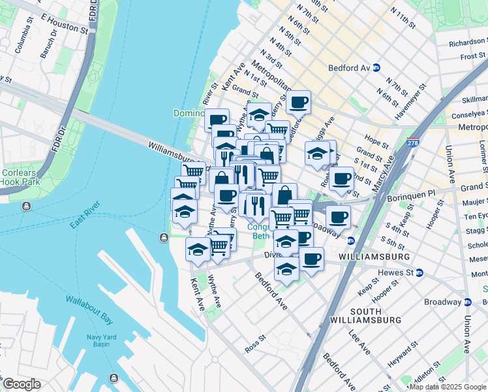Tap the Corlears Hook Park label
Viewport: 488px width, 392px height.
(x=20, y=176)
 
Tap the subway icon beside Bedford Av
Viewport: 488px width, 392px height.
(x=376, y=68)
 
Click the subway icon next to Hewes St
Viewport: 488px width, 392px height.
(x=419, y=272)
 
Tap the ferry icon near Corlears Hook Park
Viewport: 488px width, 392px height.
(x=26, y=207)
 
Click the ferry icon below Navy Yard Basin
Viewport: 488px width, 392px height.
(x=114, y=378)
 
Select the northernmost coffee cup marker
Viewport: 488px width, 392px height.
(x=299, y=102)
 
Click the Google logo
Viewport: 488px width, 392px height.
(x=22, y=384)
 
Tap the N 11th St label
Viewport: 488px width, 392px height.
(x=402, y=19)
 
